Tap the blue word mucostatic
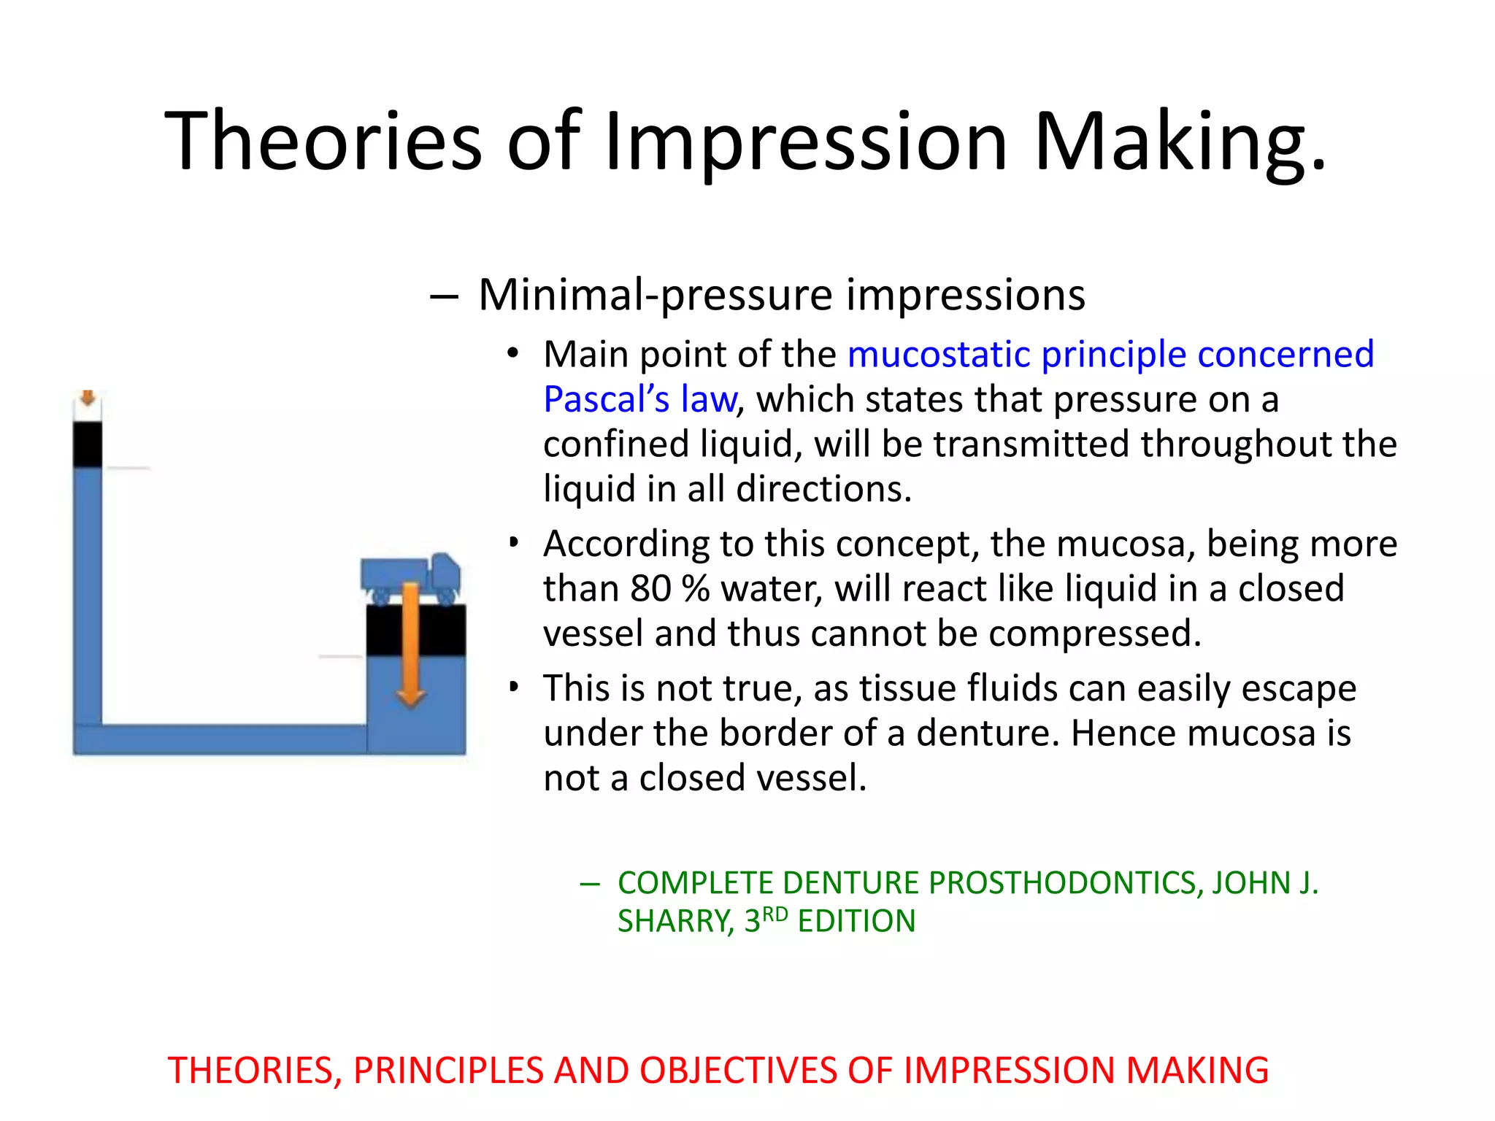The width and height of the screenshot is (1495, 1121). (x=939, y=355)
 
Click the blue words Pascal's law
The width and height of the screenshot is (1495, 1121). (x=640, y=399)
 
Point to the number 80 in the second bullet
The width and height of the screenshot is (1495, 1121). (x=650, y=588)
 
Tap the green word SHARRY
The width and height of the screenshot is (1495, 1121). (x=675, y=921)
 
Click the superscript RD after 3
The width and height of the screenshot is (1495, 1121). (x=775, y=914)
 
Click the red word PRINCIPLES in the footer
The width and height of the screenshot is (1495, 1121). (x=448, y=1071)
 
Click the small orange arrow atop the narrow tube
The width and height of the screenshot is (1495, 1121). (x=88, y=398)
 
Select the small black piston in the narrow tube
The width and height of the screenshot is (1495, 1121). (x=88, y=444)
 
